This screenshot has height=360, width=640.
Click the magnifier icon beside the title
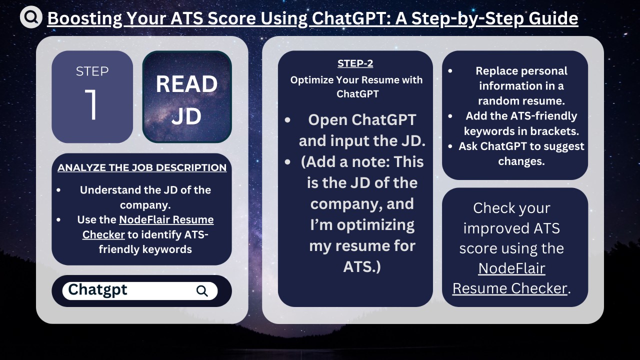click(31, 17)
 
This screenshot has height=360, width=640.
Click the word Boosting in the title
click(84, 18)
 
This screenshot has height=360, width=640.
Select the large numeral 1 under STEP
click(92, 105)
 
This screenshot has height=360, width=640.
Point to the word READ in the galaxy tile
click(186, 84)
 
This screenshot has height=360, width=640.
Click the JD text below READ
click(186, 116)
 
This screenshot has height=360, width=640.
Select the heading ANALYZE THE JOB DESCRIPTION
click(142, 167)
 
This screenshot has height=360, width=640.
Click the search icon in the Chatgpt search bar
click(202, 291)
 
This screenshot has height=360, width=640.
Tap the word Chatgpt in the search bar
click(97, 289)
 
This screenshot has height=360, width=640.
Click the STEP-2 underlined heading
click(355, 63)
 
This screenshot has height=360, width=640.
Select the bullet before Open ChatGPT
click(287, 120)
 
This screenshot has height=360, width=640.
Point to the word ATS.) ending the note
click(362, 266)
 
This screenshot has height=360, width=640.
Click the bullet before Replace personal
click(450, 71)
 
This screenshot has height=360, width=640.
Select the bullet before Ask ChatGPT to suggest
click(450, 146)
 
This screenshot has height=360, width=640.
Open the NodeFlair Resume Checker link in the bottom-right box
click(511, 278)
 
